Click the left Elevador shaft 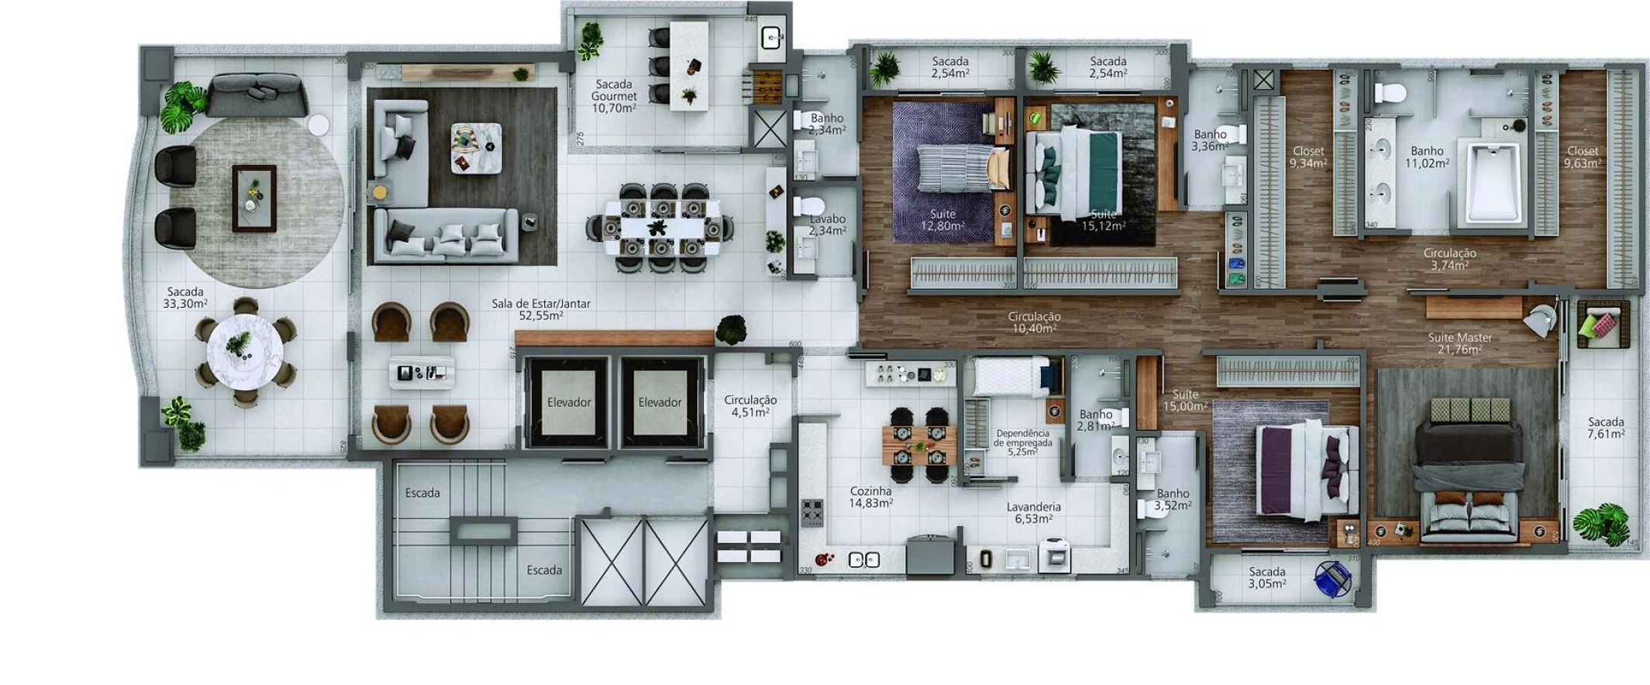pos(568,402)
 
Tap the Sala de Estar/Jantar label pos(540,309)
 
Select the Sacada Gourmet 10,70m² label pos(614,96)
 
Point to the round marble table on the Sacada pos(244,350)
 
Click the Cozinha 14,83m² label pos(870,497)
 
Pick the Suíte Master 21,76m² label pos(1459,343)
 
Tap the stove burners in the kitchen pos(811,512)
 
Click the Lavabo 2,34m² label pos(827,225)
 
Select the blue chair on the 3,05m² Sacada pos(1333,578)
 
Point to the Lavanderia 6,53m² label pos(1033,512)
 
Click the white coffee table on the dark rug pos(476,148)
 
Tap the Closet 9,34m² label pos(1307,157)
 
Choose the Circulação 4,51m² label pos(749,406)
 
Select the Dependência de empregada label pos(1022,442)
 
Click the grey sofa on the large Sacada pos(257,96)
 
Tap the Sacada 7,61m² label pos(1605,428)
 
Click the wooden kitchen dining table pos(919,445)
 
